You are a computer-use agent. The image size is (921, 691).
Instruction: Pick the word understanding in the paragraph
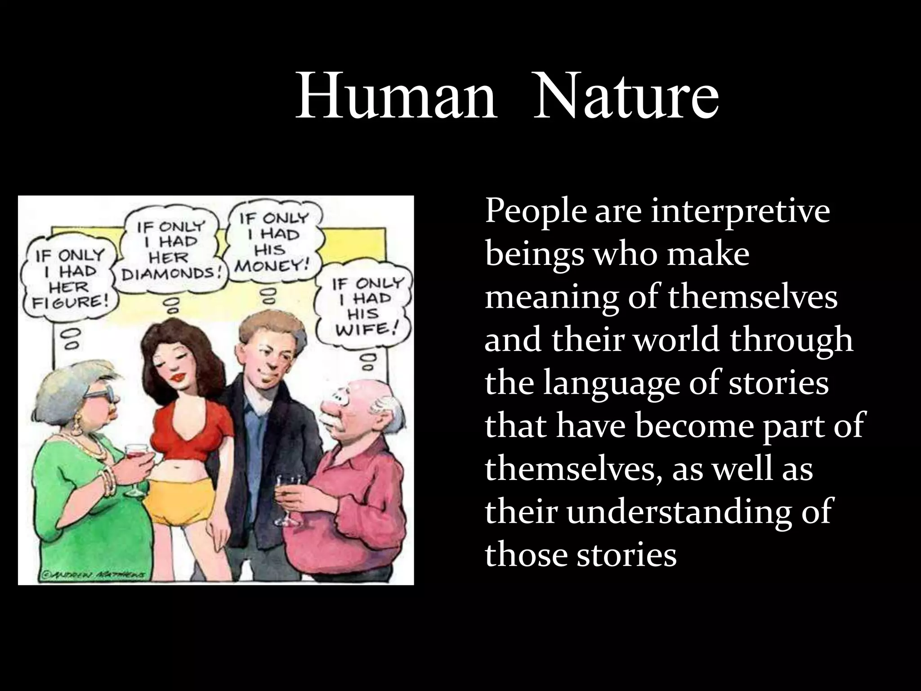pos(699,512)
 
